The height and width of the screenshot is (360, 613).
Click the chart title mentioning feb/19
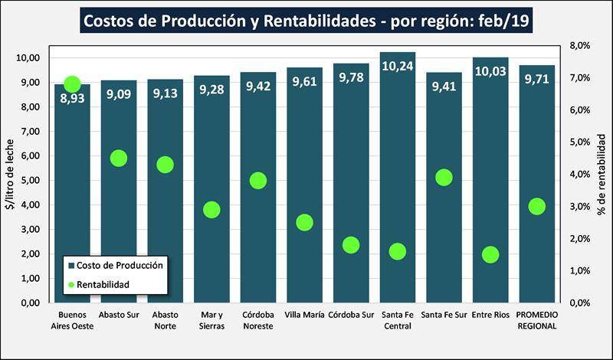[306, 21]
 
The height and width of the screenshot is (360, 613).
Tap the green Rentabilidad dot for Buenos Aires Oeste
[72, 84]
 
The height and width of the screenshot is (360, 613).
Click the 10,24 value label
[397, 67]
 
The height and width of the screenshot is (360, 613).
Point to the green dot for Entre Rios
[490, 254]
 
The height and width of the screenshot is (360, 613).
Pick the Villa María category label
[304, 315]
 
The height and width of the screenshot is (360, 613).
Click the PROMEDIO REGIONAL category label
[537, 320]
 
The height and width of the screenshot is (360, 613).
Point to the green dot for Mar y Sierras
[211, 210]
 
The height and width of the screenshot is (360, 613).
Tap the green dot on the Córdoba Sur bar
[351, 245]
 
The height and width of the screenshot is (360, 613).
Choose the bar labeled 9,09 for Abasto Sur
[119, 191]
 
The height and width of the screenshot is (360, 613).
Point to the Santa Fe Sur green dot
[444, 178]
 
